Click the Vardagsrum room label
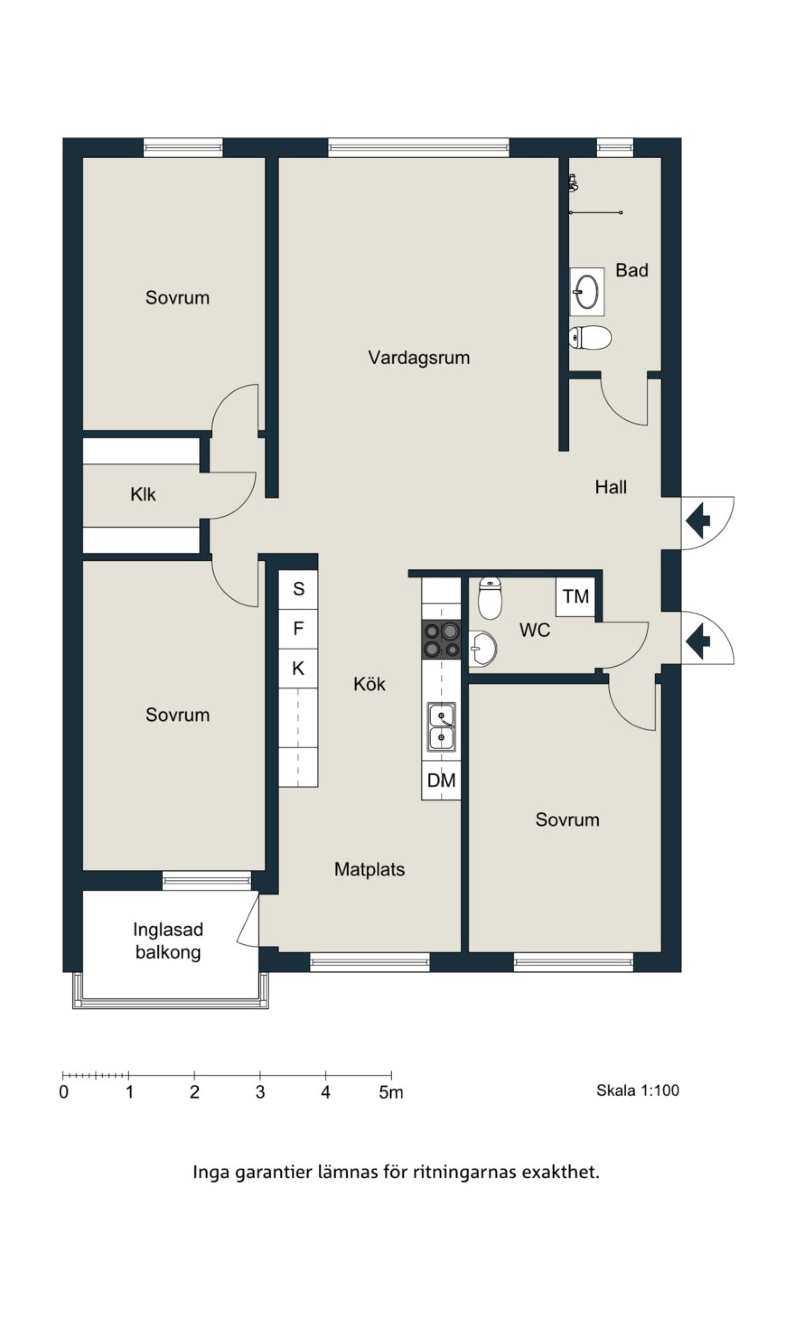pyautogui.click(x=419, y=358)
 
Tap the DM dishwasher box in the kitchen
pyautogui.click(x=441, y=780)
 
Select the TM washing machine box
pyautogui.click(x=576, y=596)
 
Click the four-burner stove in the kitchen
pyautogui.click(x=441, y=640)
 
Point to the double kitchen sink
pyautogui.click(x=441, y=727)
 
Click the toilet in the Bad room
pyautogui.click(x=590, y=338)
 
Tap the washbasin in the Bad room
pyautogui.click(x=587, y=292)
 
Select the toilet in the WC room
pyautogui.click(x=490, y=598)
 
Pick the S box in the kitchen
pyautogui.click(x=299, y=589)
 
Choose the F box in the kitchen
pyautogui.click(x=299, y=628)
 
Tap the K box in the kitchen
pyautogui.click(x=299, y=668)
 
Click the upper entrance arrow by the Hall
pyautogui.click(x=698, y=520)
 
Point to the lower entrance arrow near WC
pyautogui.click(x=698, y=639)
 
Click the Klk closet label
pyautogui.click(x=143, y=495)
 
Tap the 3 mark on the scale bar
pyautogui.click(x=260, y=1092)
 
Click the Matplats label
pyautogui.click(x=370, y=869)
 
